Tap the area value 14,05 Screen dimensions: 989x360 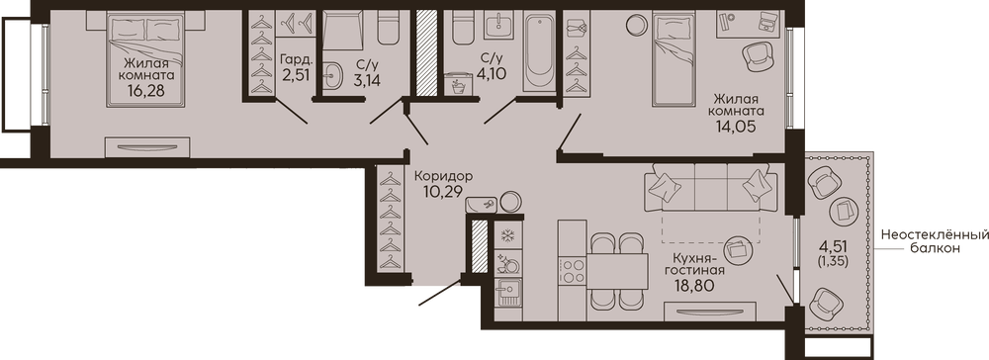[x=736, y=125]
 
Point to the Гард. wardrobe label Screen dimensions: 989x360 [x=296, y=61]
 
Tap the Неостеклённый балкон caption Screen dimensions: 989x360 [x=935, y=241]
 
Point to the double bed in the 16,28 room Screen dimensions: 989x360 [x=147, y=61]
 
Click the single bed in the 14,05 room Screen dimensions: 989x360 [x=673, y=60]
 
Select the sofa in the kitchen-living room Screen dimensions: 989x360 [x=710, y=187]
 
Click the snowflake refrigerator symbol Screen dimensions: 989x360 [x=507, y=235]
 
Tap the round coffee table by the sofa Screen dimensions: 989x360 [x=737, y=249]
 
